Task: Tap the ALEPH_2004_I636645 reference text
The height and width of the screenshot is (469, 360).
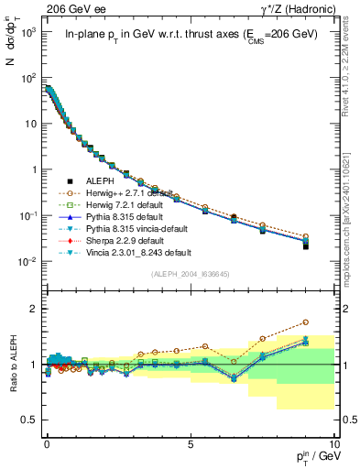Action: [184, 275]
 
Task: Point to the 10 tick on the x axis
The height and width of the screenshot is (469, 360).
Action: [333, 440]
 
